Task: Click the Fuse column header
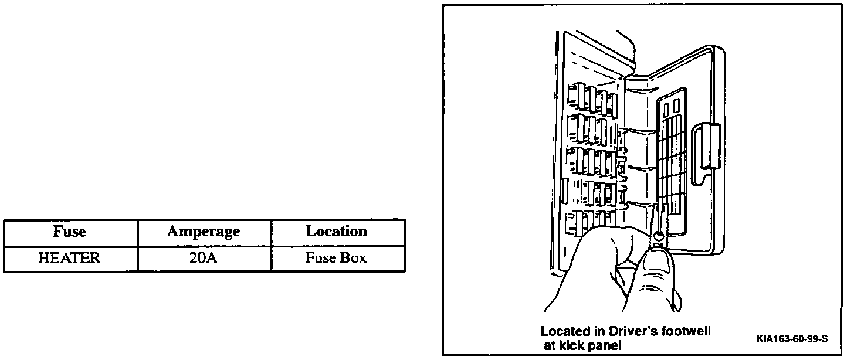(x=70, y=232)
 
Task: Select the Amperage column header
(x=204, y=232)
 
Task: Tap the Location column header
(x=337, y=232)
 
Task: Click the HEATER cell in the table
(x=69, y=259)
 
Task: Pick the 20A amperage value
(x=204, y=259)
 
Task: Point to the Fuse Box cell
(x=337, y=259)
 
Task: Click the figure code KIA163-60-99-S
(x=792, y=339)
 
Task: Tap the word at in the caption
(x=551, y=345)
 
